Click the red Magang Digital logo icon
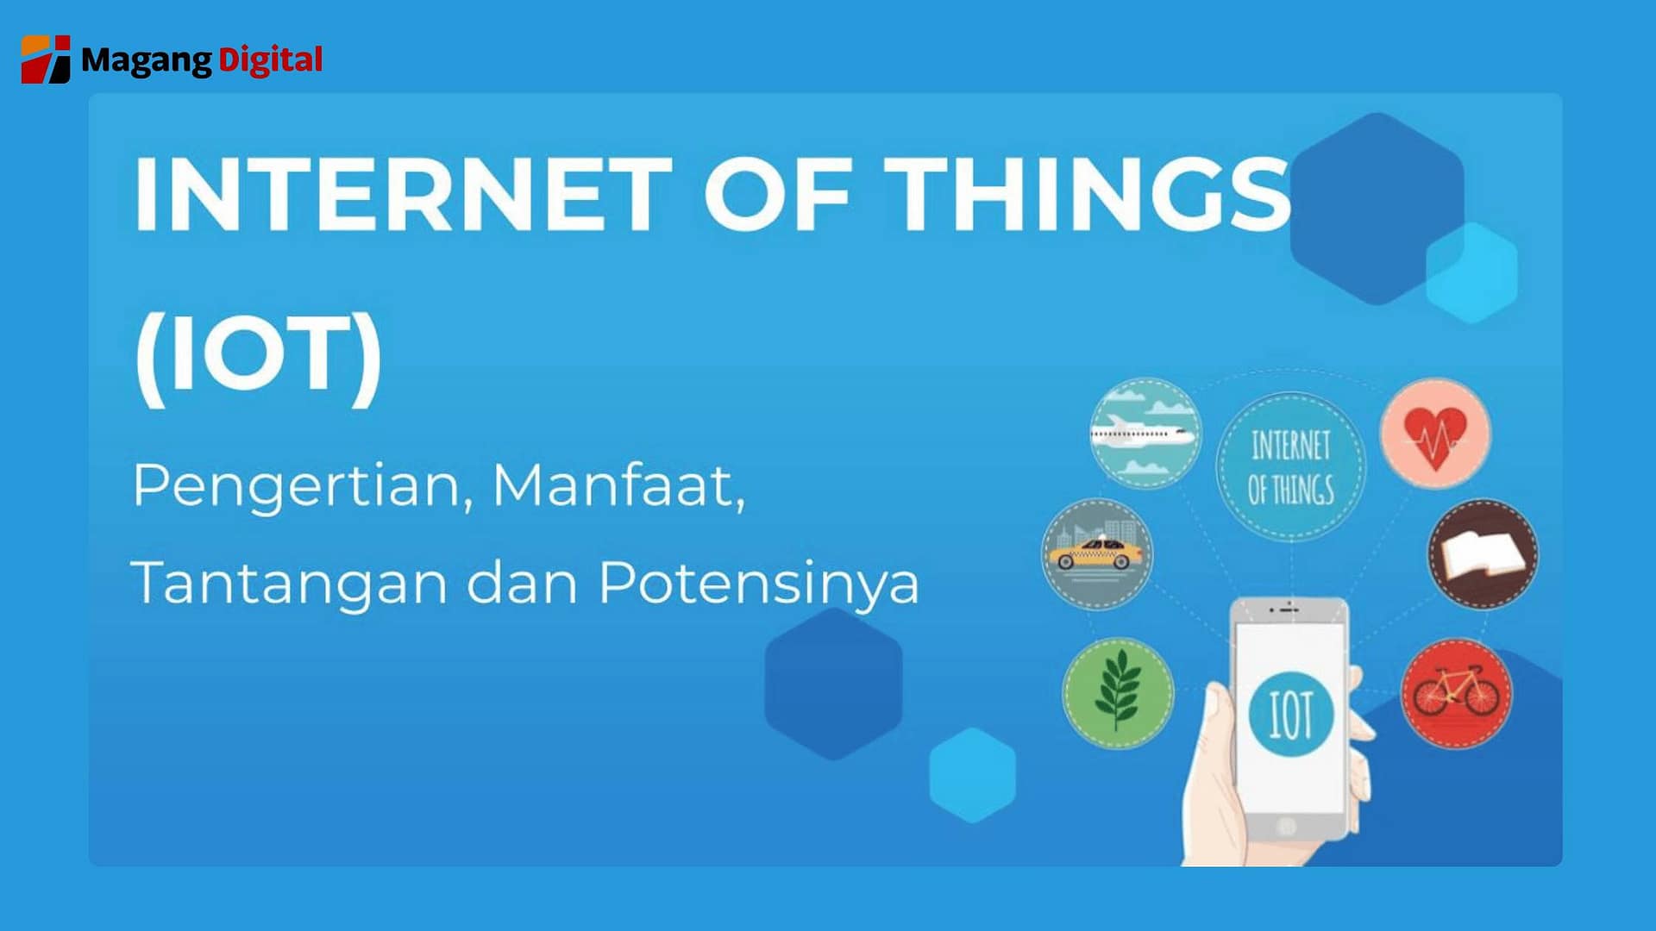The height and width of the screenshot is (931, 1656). click(46, 59)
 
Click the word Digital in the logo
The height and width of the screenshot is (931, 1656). click(270, 59)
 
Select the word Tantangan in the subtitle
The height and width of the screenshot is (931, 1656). click(289, 583)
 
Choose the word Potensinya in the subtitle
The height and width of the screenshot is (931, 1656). click(759, 584)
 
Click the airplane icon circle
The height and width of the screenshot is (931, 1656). click(1145, 433)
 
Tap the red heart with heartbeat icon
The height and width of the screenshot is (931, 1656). click(1434, 434)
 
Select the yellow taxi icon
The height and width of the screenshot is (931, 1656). click(1096, 553)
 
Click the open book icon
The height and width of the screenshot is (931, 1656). click(1482, 554)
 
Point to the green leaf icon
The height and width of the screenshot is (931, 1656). click(1118, 692)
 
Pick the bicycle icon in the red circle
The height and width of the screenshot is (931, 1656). click(1456, 693)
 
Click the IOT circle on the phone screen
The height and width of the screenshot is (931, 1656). click(1291, 715)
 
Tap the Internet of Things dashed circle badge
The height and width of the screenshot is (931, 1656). click(1291, 466)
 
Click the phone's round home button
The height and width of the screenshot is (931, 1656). click(1286, 826)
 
